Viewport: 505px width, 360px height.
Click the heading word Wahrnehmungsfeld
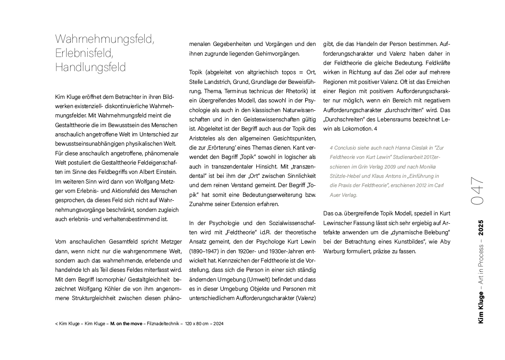pos(105,39)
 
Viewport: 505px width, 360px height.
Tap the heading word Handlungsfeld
pos(90,67)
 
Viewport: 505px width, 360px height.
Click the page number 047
pos(478,191)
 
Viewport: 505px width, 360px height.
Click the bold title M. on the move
pos(126,324)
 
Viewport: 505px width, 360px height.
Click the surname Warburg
pos(338,251)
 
